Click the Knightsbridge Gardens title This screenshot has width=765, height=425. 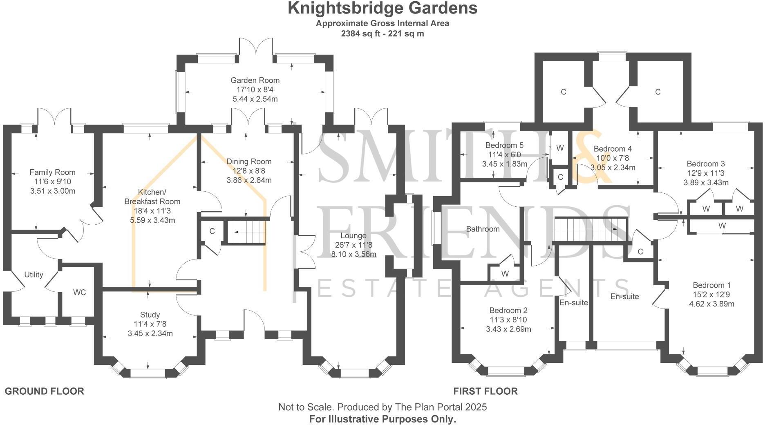point(382,8)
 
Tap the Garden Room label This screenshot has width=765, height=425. point(255,81)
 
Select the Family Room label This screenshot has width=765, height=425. point(52,172)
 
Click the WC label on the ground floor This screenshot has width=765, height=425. point(79,293)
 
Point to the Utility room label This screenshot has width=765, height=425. point(34,275)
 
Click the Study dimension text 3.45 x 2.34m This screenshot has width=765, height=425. point(150,333)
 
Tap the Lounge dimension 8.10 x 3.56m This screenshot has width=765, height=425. point(353,254)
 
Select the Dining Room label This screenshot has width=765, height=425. point(249,161)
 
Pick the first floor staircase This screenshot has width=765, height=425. point(590,229)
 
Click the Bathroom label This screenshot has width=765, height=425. point(483,229)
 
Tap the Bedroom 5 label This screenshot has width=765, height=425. point(504,145)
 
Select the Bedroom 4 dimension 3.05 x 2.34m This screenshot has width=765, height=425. point(613,168)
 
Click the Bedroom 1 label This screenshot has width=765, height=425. point(711,285)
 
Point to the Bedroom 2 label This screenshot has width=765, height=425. point(508,311)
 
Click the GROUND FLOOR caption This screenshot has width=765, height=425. point(44,391)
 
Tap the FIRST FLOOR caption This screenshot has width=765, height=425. point(485,391)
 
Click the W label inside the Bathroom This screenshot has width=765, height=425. point(505,274)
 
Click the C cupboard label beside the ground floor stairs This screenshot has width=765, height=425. point(212,231)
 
